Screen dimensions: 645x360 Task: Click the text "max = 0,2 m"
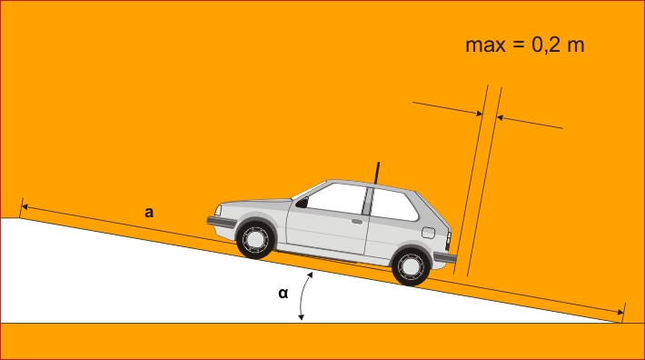coord(524,45)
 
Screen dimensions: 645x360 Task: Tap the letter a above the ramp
coord(149,213)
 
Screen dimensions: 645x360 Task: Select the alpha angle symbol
coord(283,293)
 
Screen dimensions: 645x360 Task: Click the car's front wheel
coord(255,239)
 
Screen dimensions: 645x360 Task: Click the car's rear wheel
coord(411,266)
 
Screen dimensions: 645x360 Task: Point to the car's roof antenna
coord(377,173)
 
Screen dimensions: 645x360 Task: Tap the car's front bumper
coord(222,222)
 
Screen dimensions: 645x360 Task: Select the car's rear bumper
coord(445,257)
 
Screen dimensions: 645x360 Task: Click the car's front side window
coord(335,198)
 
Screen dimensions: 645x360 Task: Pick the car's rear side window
coord(393,205)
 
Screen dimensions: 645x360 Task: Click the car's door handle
coord(357,222)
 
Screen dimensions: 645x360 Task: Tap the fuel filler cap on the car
coord(428,233)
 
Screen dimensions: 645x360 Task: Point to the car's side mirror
coord(302,203)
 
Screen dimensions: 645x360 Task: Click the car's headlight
coord(218,210)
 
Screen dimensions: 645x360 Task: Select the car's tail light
coord(449,240)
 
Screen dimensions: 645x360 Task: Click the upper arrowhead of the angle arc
coord(311,275)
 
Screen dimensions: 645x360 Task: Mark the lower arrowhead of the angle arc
coord(301,317)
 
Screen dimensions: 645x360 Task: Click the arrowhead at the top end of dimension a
coord(25,206)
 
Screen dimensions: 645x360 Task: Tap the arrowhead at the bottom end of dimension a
coord(620,313)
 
